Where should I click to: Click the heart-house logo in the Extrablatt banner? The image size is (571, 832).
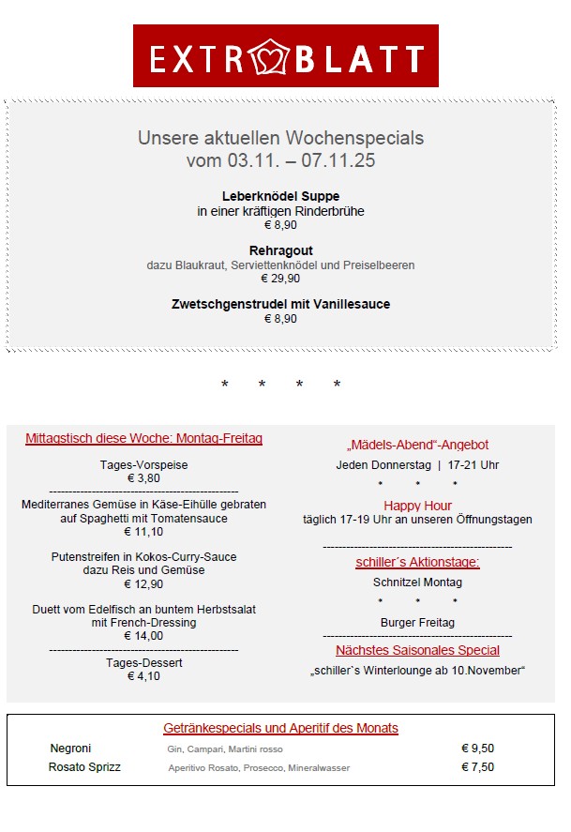click(273, 57)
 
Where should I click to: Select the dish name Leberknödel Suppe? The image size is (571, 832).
click(280, 197)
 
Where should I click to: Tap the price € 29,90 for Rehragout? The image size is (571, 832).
click(280, 279)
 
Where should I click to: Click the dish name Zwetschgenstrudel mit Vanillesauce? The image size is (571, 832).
click(280, 305)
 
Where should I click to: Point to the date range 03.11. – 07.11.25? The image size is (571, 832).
click(280, 161)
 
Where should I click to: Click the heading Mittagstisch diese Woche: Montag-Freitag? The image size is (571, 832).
click(143, 439)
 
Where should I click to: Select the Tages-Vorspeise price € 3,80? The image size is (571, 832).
click(143, 478)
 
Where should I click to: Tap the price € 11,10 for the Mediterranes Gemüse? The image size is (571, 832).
click(143, 532)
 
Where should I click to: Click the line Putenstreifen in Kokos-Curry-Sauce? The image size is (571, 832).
click(143, 557)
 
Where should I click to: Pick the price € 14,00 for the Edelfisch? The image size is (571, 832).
click(143, 636)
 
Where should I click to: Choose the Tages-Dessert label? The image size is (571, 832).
click(143, 663)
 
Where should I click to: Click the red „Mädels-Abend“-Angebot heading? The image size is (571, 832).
click(417, 446)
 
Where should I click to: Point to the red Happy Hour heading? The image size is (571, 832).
click(417, 506)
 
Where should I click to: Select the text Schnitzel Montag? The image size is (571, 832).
click(417, 582)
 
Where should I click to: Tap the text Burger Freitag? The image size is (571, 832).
click(417, 623)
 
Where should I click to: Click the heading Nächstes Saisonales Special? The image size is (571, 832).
click(417, 650)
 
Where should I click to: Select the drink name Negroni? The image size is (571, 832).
click(70, 749)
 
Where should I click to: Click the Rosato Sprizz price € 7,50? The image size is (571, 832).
click(477, 767)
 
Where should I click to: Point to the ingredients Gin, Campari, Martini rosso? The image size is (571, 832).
click(218, 749)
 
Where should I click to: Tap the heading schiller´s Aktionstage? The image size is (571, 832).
click(417, 563)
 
